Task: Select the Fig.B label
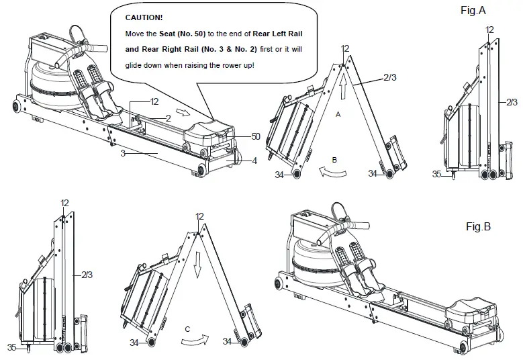pyautogui.click(x=478, y=227)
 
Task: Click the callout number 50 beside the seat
pyautogui.click(x=255, y=136)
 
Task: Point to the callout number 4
pyautogui.click(x=255, y=161)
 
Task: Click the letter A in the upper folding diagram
pyautogui.click(x=339, y=115)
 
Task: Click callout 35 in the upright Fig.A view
pyautogui.click(x=436, y=174)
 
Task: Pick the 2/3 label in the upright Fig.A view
pyautogui.click(x=511, y=102)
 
